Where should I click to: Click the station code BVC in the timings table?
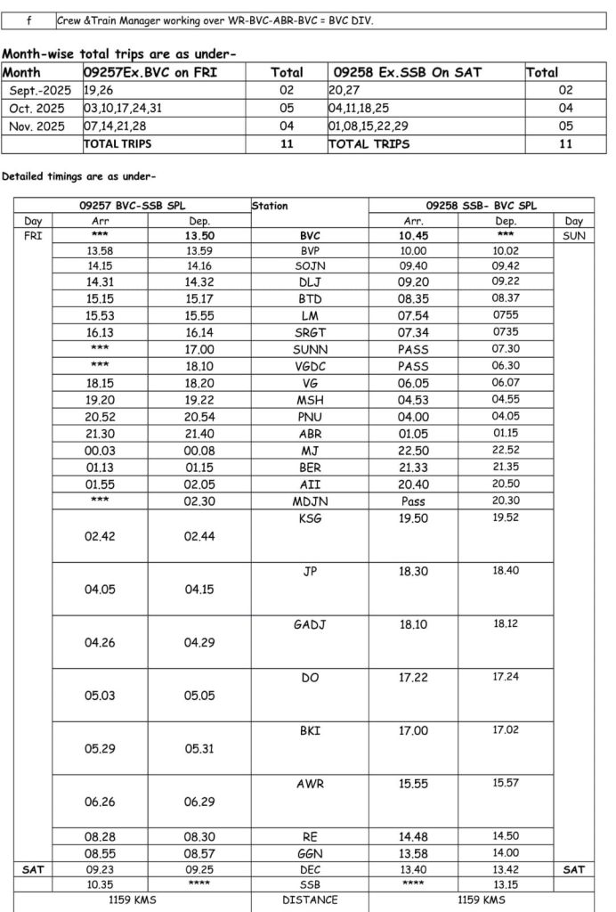point(310,237)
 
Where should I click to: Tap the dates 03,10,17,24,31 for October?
point(124,108)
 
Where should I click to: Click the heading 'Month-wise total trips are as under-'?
point(119,53)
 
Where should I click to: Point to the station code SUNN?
point(310,350)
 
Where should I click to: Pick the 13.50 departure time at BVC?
point(200,237)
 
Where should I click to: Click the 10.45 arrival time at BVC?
point(413,237)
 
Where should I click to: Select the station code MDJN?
point(310,501)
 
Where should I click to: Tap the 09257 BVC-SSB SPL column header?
point(133,206)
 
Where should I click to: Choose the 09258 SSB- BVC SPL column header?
point(481,206)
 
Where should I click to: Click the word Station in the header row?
point(271,206)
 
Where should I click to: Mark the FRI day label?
point(32,237)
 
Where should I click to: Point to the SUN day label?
point(574,237)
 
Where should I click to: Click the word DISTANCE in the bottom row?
point(310,900)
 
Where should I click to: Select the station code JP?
point(310,572)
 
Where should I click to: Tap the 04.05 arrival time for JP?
point(100,590)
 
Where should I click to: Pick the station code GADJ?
point(310,624)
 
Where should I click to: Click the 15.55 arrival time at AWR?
point(413,783)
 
